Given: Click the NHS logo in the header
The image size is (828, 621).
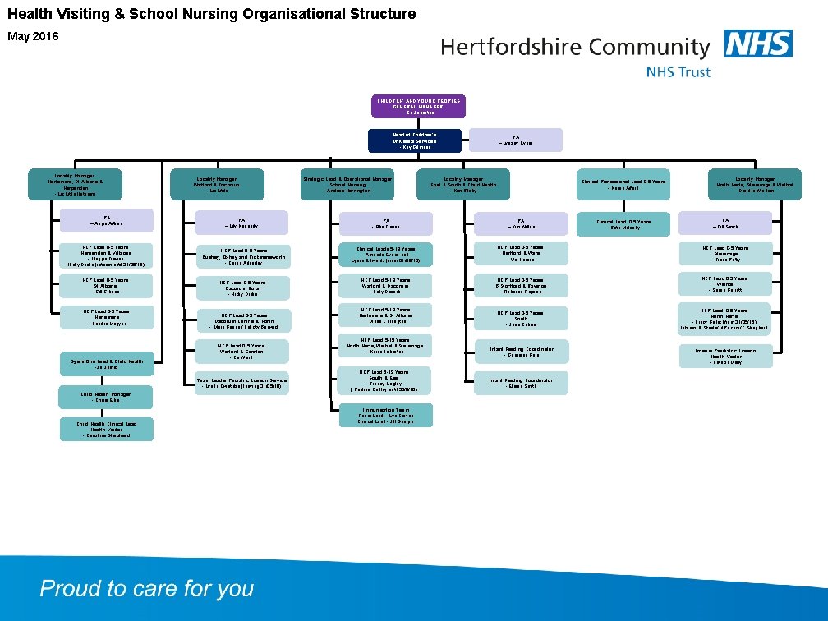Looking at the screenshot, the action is pyautogui.click(x=758, y=44).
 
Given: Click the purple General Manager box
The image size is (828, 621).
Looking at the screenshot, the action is pyautogui.click(x=419, y=106).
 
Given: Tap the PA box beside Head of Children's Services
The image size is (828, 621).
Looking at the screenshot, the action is pyautogui.click(x=515, y=140).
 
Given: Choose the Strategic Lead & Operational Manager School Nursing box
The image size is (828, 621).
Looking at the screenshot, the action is pyautogui.click(x=347, y=184).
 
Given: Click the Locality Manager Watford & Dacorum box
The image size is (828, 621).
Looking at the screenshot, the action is pyautogui.click(x=217, y=184).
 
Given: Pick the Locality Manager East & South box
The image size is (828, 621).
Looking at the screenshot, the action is pyautogui.click(x=463, y=184).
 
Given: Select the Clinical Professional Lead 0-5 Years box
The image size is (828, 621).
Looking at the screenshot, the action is pyautogui.click(x=623, y=184).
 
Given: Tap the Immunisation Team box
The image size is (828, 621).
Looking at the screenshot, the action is pyautogui.click(x=385, y=415).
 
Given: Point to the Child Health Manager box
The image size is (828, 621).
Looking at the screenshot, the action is pyautogui.click(x=105, y=397).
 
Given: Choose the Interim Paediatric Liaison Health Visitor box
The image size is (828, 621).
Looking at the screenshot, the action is pyautogui.click(x=724, y=356).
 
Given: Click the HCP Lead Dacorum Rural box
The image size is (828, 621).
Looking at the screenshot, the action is pyautogui.click(x=242, y=287).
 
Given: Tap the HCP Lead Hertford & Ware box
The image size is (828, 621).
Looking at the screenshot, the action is pyautogui.click(x=521, y=254).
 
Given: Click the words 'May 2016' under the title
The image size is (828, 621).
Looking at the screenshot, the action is pyautogui.click(x=33, y=37).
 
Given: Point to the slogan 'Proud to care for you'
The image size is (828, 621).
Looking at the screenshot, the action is pyautogui.click(x=147, y=589).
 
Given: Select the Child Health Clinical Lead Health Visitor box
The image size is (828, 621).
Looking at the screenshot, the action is pyautogui.click(x=105, y=430).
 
